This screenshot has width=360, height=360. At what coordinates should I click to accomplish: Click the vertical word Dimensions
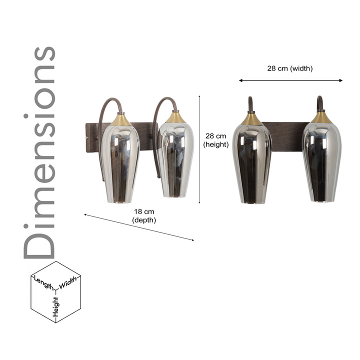click(39, 152)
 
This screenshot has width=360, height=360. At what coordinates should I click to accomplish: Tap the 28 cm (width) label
click(289, 68)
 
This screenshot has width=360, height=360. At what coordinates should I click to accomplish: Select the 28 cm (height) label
click(215, 140)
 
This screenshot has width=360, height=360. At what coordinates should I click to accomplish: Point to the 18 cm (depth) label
click(144, 215)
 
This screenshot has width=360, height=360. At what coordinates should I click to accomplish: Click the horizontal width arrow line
click(290, 80)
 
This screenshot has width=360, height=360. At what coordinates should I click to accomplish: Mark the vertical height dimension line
click(199, 150)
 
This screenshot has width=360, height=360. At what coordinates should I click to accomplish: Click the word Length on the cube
click(44, 283)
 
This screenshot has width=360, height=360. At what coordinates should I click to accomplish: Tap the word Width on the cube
click(69, 282)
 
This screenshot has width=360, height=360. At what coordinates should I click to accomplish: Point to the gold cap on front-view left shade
click(251, 119)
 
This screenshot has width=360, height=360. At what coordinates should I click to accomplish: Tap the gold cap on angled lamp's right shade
click(175, 117)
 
